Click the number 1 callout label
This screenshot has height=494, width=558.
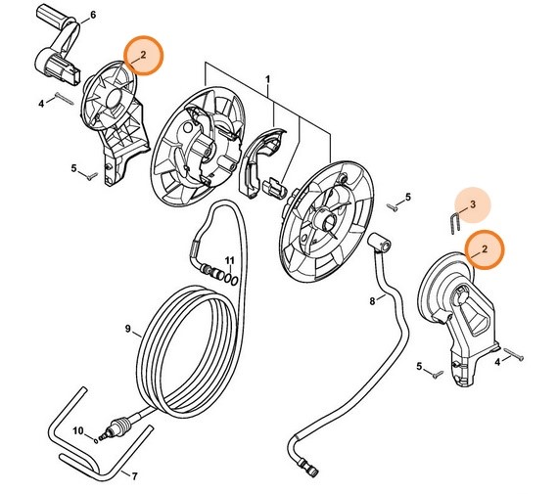[267, 77]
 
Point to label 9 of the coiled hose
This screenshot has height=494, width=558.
[126, 329]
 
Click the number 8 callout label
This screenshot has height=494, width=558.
[372, 302]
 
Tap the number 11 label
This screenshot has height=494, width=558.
[229, 259]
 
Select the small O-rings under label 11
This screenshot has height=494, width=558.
[227, 278]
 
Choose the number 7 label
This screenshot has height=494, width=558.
[134, 476]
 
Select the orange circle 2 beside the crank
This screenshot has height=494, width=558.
[143, 57]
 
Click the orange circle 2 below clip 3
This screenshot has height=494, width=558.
[483, 251]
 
